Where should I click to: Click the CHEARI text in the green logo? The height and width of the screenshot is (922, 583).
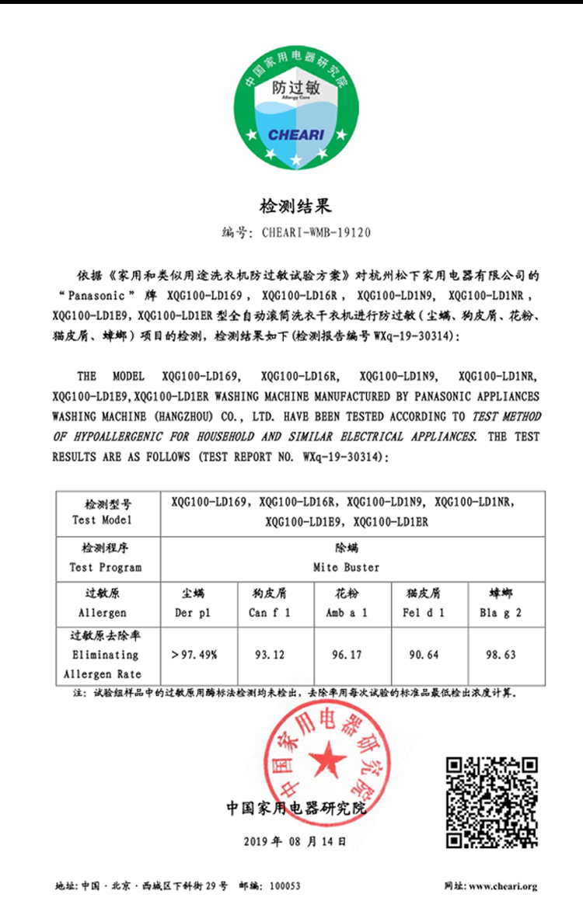pos(295,134)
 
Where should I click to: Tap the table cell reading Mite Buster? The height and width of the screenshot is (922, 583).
pos(346,567)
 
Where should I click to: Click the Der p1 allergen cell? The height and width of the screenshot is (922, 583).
pos(194,613)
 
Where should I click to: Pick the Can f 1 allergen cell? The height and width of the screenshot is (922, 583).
pos(271,613)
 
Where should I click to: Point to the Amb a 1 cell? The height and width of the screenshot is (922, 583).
pos(347,613)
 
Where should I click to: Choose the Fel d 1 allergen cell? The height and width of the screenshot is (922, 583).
pos(424,613)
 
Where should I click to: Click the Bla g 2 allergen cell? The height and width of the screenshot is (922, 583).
pos(501,613)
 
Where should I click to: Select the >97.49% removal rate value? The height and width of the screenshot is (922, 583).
pos(194,655)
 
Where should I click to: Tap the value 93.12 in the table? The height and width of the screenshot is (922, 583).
pos(271,655)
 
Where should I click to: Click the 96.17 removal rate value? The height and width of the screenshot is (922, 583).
pos(347,655)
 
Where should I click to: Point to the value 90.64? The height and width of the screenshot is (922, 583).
pos(424,655)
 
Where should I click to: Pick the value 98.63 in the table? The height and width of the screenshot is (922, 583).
pos(501,655)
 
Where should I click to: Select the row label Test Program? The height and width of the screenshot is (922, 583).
pos(106,567)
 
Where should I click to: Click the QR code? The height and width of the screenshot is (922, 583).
pos(492,802)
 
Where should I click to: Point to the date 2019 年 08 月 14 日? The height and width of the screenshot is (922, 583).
pos(295,841)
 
